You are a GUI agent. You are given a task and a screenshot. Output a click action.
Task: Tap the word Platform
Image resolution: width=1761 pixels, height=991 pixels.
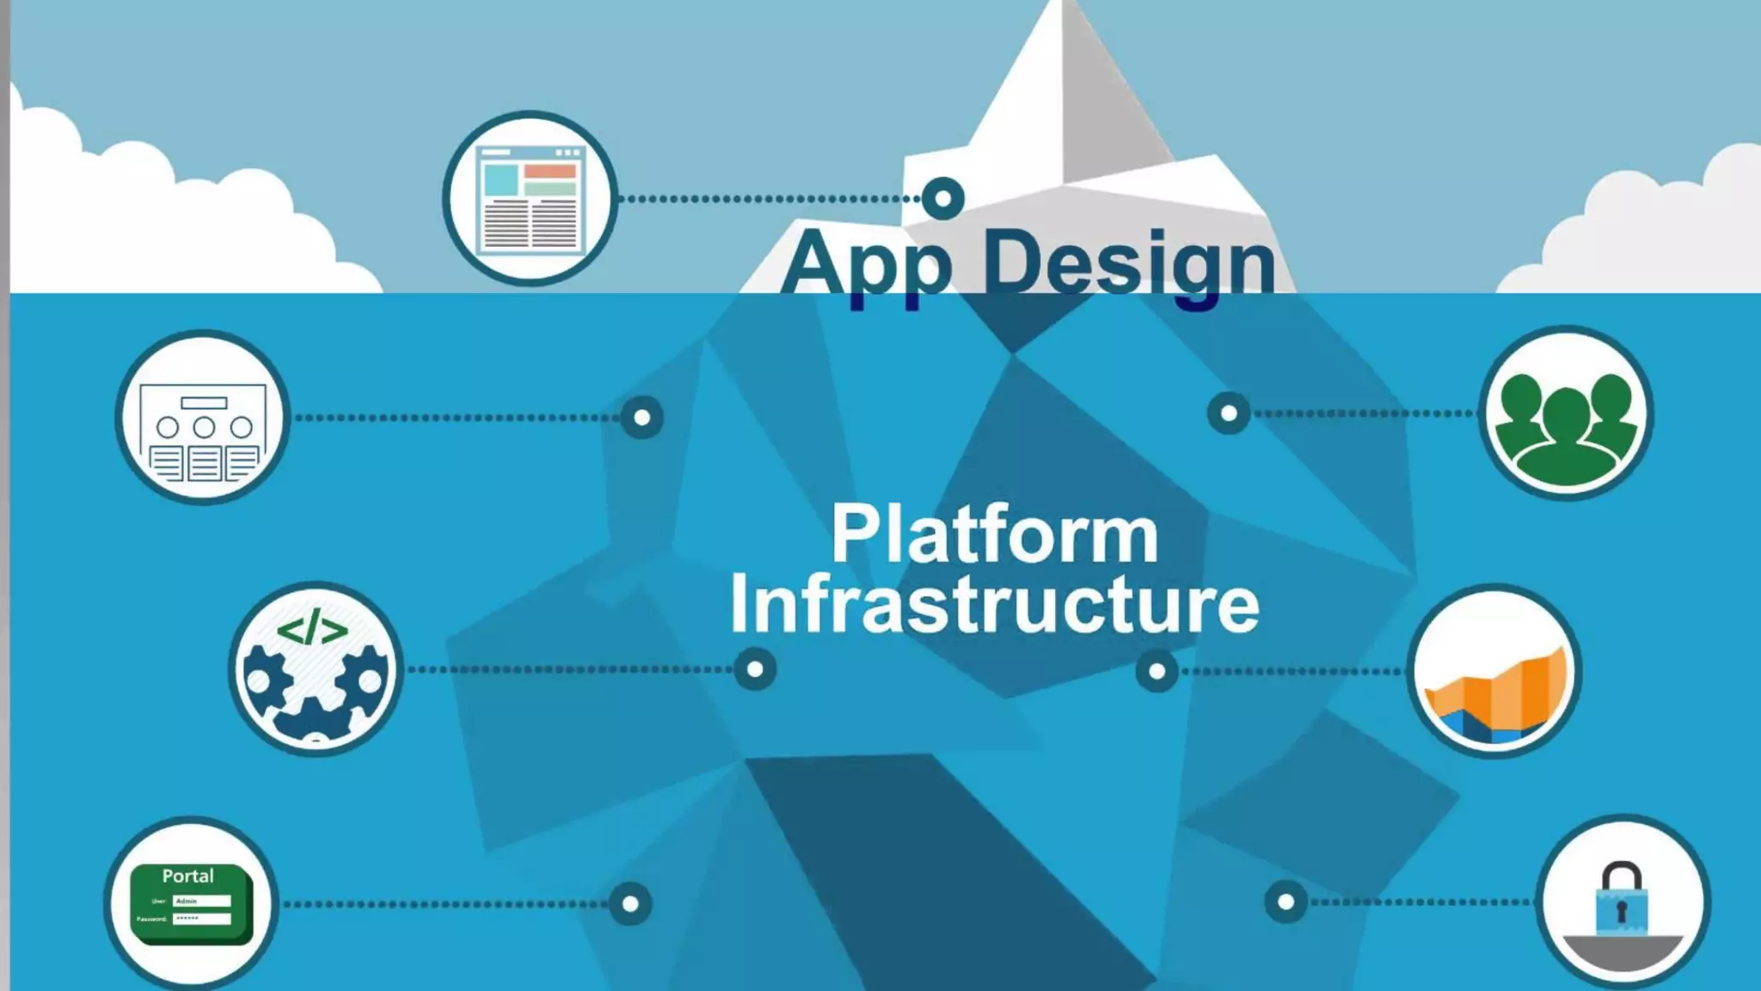pyautogui.click(x=995, y=535)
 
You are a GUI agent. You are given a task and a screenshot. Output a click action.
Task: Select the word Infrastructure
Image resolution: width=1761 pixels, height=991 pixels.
pyautogui.click(x=995, y=604)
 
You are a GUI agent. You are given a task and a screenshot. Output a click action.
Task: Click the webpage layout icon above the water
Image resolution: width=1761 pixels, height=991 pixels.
pyautogui.click(x=530, y=199)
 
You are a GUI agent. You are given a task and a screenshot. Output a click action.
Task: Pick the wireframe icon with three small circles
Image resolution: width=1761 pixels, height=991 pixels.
pyautogui.click(x=203, y=417)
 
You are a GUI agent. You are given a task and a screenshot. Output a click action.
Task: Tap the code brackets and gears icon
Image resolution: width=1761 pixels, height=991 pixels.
pyautogui.click(x=315, y=669)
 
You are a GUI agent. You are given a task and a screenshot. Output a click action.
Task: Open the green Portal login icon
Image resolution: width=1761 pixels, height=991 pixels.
pyautogui.click(x=190, y=903)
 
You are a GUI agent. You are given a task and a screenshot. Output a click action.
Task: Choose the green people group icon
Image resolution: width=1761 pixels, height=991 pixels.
pyautogui.click(x=1566, y=414)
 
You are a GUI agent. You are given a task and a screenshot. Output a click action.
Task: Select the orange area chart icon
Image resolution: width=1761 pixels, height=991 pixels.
pyautogui.click(x=1494, y=671)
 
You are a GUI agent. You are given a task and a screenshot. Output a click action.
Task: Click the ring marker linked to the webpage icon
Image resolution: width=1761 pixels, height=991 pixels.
pyautogui.click(x=943, y=199)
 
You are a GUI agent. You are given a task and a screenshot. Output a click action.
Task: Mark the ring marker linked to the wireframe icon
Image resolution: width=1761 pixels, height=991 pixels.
pyautogui.click(x=642, y=418)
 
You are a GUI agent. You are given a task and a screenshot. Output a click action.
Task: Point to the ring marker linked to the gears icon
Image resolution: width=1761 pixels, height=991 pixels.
pyautogui.click(x=755, y=669)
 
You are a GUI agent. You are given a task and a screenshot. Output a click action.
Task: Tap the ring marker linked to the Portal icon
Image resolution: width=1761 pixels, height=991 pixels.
pyautogui.click(x=630, y=904)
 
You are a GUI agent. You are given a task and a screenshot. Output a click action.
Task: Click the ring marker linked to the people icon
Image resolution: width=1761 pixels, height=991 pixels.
pyautogui.click(x=1229, y=414)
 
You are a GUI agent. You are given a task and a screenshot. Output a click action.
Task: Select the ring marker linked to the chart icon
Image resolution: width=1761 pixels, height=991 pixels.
pyautogui.click(x=1157, y=671)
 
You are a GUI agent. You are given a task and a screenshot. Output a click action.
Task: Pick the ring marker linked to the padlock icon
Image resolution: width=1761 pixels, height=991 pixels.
pyautogui.click(x=1285, y=902)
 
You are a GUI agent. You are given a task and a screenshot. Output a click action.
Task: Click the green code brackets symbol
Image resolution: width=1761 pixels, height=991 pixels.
pyautogui.click(x=312, y=629)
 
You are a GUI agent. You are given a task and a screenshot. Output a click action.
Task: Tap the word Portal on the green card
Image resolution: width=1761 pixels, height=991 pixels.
pyautogui.click(x=188, y=877)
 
